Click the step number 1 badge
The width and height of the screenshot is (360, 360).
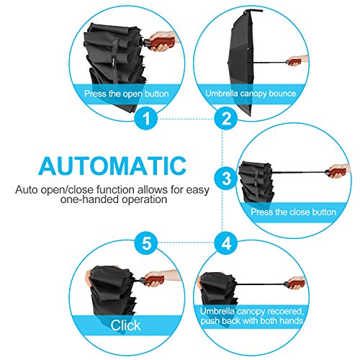point(146,119)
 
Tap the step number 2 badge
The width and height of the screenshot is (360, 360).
point(226,119)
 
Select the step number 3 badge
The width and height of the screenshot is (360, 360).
point(226,179)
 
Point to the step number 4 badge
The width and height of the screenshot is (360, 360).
point(226,243)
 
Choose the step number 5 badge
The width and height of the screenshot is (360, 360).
point(146,243)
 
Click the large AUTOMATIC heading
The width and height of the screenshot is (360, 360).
point(112,166)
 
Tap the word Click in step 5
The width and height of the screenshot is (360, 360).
point(125,325)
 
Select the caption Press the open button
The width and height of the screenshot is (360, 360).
point(127,94)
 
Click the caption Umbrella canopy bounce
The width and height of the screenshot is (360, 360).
point(251,94)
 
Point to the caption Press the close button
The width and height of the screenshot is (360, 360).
point(293,212)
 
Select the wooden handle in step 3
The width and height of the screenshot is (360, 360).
point(338,172)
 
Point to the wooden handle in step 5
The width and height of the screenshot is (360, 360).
point(154,280)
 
